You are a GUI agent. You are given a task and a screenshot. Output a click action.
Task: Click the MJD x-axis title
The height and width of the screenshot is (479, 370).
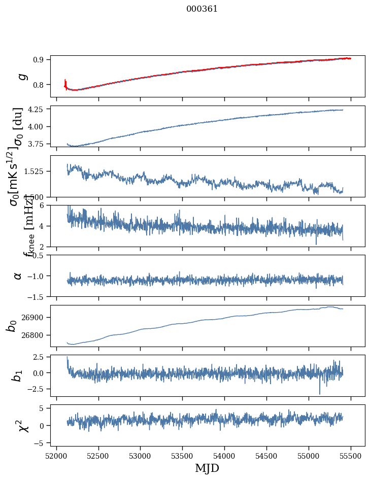[207, 468]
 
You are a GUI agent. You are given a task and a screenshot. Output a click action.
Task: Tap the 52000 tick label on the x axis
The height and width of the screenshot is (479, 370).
[56, 456]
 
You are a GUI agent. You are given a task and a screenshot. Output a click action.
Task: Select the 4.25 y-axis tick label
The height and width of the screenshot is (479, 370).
[38, 109]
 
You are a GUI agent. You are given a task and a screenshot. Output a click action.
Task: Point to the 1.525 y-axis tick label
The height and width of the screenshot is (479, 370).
[36, 172]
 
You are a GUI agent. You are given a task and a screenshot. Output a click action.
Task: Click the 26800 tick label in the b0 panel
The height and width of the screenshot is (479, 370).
[35, 335]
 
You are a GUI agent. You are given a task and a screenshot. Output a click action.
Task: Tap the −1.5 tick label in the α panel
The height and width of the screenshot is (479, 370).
[37, 296]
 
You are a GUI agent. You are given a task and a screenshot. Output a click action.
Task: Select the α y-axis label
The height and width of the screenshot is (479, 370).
[18, 276]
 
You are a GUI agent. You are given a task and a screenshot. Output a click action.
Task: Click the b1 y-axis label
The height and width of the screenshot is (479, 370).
[17, 375]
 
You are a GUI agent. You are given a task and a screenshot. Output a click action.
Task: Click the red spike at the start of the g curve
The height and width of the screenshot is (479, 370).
[65, 83]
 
